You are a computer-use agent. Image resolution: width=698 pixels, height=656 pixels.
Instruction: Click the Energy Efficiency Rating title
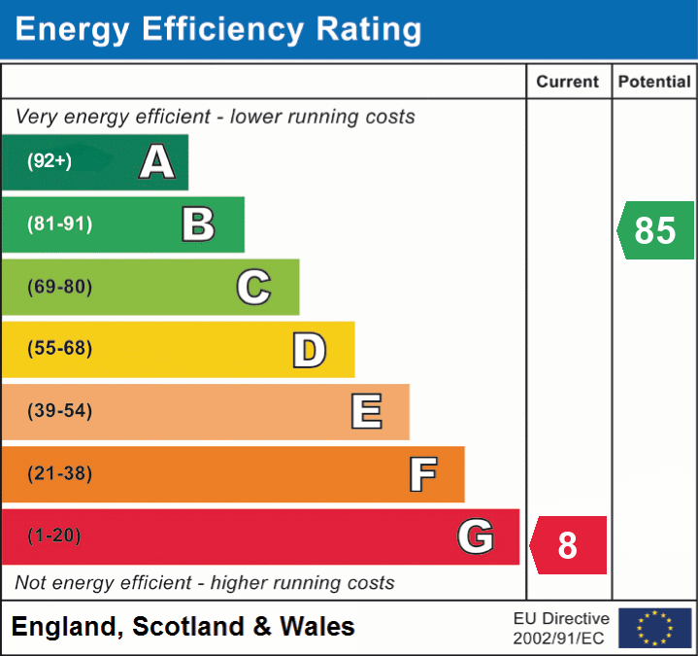click(x=218, y=29)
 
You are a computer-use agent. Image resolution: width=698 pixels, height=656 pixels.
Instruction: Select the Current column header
click(x=568, y=83)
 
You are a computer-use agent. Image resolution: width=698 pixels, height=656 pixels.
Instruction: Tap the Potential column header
click(x=654, y=83)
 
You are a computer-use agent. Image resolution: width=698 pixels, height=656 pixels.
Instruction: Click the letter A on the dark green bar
click(x=157, y=161)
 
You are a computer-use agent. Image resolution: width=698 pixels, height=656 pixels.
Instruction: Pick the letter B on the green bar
click(x=198, y=224)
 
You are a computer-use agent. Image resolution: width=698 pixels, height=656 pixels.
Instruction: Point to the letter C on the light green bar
click(x=253, y=287)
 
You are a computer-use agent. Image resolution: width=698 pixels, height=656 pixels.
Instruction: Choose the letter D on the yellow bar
click(x=309, y=350)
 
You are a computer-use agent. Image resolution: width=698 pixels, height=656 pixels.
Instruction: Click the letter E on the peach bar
click(x=366, y=412)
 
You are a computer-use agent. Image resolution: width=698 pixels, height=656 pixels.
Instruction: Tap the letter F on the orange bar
click(x=422, y=474)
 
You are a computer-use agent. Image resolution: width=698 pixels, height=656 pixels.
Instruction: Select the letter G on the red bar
click(x=476, y=536)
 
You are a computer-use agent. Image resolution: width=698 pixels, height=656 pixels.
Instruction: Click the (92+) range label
click(x=50, y=161)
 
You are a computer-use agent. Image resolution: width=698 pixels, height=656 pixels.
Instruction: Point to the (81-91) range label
click(x=59, y=224)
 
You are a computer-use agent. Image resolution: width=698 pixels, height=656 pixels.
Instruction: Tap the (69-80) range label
click(x=59, y=287)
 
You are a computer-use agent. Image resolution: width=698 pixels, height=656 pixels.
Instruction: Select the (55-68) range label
click(x=59, y=349)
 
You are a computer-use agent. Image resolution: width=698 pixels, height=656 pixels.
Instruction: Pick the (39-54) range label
click(x=59, y=411)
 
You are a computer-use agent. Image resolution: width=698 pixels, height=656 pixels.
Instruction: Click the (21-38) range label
click(x=59, y=473)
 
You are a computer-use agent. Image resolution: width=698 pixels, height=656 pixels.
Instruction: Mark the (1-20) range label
click(x=54, y=535)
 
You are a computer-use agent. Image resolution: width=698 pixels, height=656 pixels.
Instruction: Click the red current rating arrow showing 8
click(x=569, y=545)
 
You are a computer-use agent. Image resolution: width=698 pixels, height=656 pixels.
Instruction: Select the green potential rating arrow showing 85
click(x=655, y=230)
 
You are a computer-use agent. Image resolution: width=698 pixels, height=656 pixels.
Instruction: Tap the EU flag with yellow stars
click(x=654, y=628)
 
